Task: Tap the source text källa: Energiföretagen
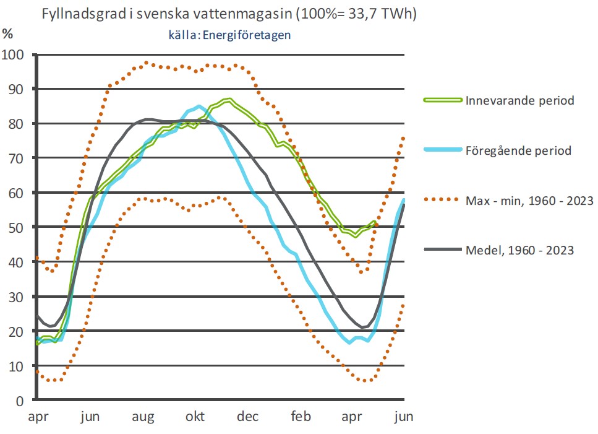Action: click(229, 35)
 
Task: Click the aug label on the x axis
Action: click(143, 417)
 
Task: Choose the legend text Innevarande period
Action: click(521, 100)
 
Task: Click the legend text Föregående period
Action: click(519, 150)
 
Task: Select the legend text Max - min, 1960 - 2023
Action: click(530, 201)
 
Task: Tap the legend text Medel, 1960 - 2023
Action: click(520, 250)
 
